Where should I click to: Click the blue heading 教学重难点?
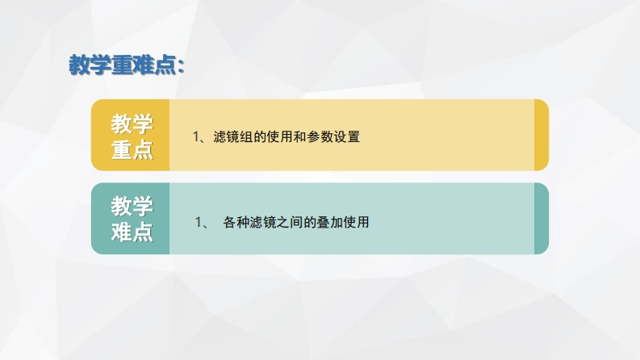coord(123,65)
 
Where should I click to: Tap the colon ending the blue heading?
coord(182,66)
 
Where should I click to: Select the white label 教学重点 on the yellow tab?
coord(132,136)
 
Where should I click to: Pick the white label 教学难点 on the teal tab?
coord(132,220)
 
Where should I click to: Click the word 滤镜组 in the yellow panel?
coord(232,136)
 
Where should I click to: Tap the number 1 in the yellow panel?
coord(196,136)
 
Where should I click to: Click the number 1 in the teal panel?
coord(199,223)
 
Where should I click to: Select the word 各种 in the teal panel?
coord(236,223)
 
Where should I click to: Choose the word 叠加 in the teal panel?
coord(330,223)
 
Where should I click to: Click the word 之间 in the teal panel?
coord(290,223)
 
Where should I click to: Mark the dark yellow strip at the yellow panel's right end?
coord(542,135)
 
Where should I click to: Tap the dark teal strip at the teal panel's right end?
coord(542,219)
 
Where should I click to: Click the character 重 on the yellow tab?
coord(121,150)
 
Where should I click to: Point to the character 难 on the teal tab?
coord(121,232)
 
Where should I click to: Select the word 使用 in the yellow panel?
coord(279,136)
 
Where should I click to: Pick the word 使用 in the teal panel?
coord(357,223)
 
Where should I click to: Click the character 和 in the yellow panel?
coord(300,136)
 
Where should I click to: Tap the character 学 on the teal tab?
coord(143,206)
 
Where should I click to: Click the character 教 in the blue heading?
coord(79,65)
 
